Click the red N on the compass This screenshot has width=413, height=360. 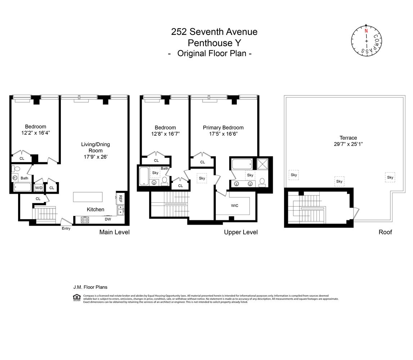[366, 31]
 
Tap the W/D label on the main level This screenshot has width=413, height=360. [39, 188]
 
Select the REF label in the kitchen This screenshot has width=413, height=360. [120, 198]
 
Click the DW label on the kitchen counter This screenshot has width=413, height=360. [108, 219]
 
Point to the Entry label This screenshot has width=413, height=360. [66, 229]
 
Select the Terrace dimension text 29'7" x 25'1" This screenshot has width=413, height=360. [348, 144]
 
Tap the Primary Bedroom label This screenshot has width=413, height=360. [223, 127]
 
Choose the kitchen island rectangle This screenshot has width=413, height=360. [88, 197]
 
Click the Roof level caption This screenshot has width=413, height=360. [385, 232]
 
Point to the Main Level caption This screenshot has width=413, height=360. [114, 232]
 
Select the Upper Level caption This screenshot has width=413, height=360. [241, 232]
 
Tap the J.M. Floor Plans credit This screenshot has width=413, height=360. [90, 287]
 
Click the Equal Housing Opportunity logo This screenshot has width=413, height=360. [76, 297]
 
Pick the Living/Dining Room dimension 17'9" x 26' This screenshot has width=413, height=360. [95, 157]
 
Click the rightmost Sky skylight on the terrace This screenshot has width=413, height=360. [390, 177]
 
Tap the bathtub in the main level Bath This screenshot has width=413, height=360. [22, 187]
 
